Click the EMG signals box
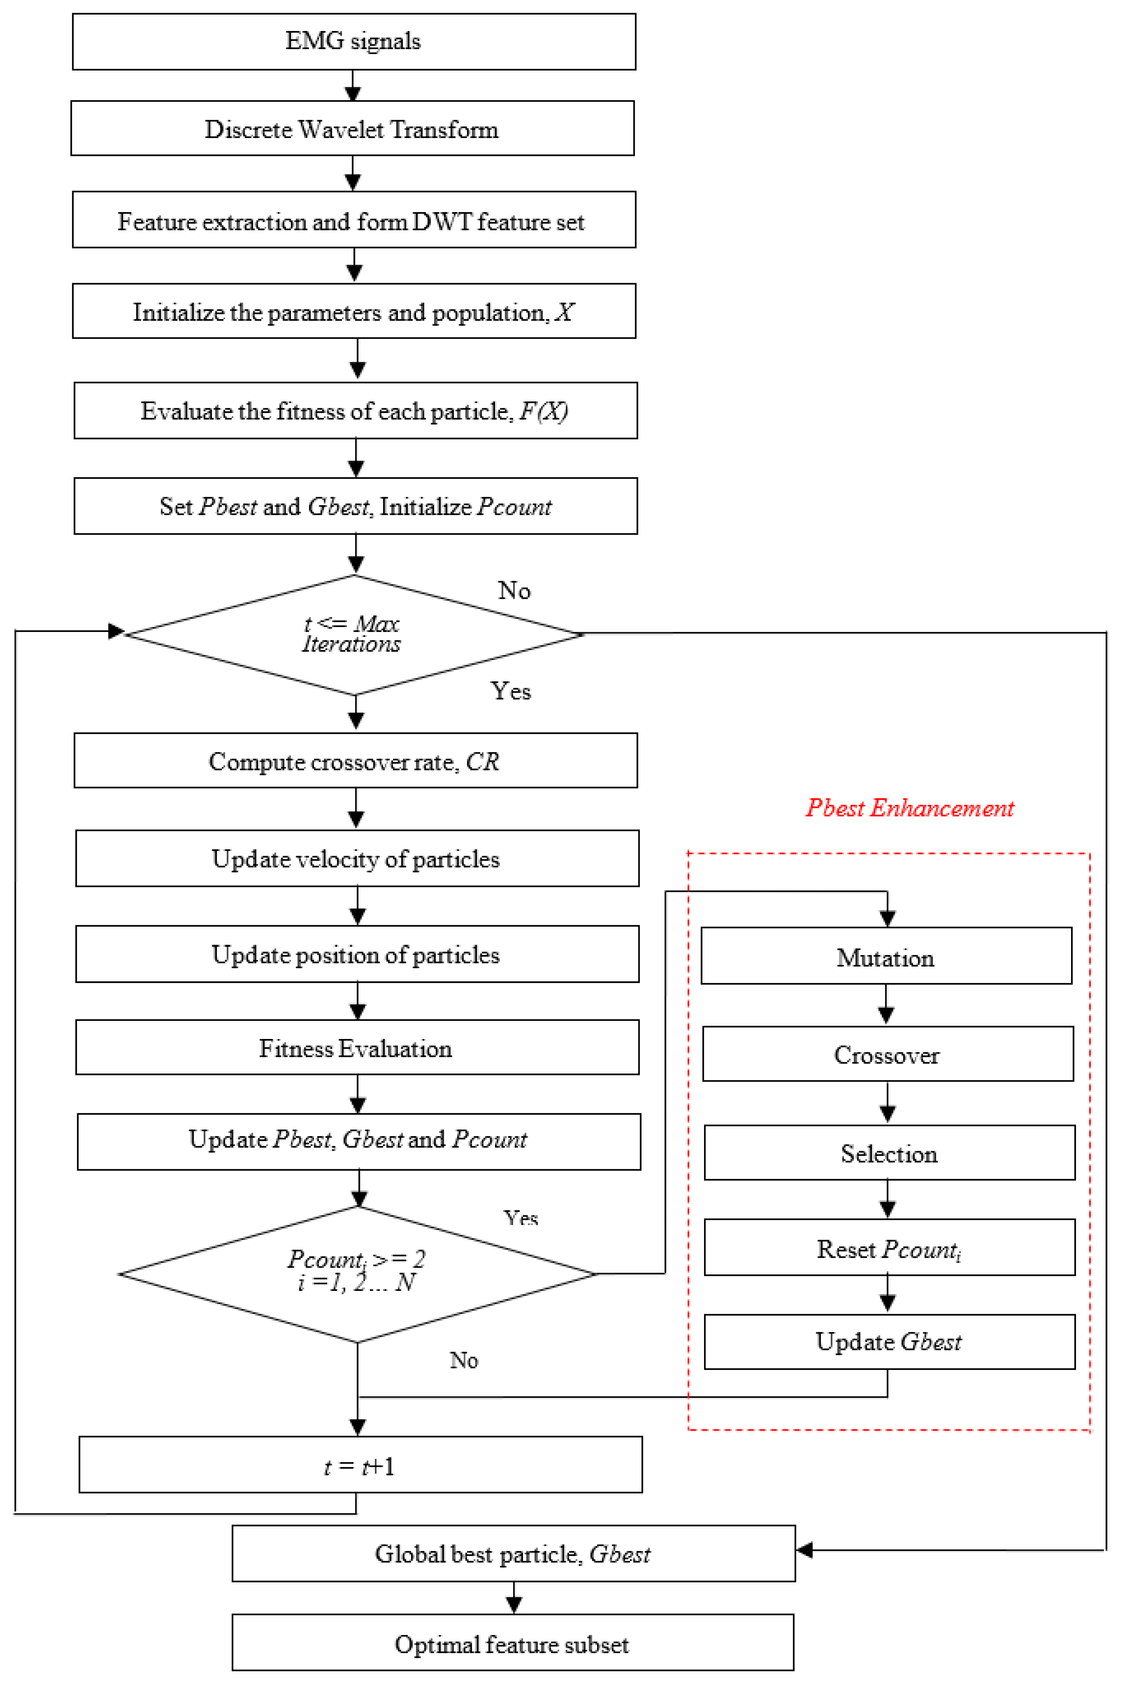[x=354, y=42]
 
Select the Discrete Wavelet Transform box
[x=352, y=129]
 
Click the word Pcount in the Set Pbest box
[x=514, y=507]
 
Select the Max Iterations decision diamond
[x=354, y=635]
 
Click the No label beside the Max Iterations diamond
[x=514, y=591]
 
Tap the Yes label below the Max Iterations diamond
[x=511, y=691]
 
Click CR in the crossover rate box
[x=483, y=761]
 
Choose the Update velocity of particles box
[x=357, y=859]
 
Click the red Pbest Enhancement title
[x=910, y=808]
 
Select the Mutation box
[x=886, y=957]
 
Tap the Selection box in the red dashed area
[x=889, y=1154]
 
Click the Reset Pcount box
[x=889, y=1249]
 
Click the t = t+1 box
[x=360, y=1466]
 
